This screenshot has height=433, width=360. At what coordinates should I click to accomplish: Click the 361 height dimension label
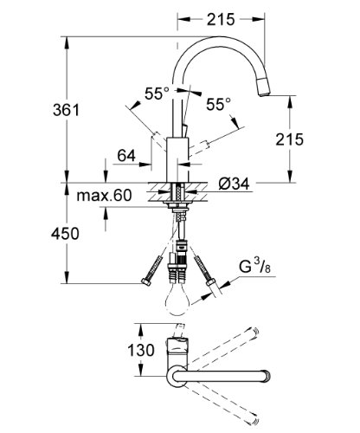66,110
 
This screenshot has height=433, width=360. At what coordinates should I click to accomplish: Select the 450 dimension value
65,234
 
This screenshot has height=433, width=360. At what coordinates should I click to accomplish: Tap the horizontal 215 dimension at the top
221,19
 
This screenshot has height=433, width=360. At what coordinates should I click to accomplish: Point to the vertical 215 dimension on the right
289,139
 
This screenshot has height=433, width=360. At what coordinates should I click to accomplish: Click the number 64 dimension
126,156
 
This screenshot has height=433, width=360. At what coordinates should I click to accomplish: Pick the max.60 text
104,196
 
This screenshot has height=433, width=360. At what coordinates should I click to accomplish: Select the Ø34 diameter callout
234,184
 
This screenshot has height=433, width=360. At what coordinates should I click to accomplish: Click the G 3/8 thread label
255,268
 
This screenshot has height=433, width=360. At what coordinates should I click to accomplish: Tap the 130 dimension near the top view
141,351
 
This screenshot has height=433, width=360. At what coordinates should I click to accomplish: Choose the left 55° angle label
157,94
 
